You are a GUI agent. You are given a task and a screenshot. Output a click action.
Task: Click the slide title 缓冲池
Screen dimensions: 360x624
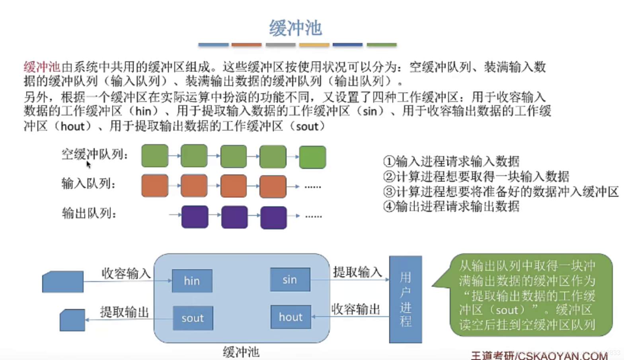pos(295,28)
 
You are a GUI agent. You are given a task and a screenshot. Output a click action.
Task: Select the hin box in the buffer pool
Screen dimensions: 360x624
pos(192,281)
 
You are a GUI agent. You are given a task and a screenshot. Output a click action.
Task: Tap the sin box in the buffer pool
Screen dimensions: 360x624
pos(290,280)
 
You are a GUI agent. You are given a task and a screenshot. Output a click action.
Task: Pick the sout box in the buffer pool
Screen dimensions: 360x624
pos(193,318)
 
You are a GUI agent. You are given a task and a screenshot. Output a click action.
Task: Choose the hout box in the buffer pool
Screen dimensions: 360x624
pos(291,317)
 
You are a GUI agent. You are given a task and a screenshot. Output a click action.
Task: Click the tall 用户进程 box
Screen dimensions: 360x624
pos(405,299)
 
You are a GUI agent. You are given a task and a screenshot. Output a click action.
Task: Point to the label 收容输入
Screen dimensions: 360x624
pos(126,273)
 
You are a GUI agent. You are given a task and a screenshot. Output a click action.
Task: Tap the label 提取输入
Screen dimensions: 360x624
pos(357,272)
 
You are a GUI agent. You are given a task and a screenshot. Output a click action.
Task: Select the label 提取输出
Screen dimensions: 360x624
pos(124,312)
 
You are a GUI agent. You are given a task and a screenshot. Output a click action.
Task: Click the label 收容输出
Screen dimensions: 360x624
pos(355,309)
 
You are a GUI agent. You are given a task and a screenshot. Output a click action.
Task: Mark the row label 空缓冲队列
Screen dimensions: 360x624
pos(94,154)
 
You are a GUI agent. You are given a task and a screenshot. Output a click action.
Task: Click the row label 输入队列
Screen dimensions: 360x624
pos(88,184)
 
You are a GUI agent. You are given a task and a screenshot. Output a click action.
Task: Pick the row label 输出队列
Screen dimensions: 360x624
pos(89,213)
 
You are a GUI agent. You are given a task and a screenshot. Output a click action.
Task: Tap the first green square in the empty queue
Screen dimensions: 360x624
pos(155,156)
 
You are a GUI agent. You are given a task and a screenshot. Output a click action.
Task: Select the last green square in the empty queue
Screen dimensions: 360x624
pos(312,157)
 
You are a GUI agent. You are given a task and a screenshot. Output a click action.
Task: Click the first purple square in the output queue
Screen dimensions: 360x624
pos(195,217)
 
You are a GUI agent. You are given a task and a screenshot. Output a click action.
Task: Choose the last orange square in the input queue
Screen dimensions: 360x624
pos(273,186)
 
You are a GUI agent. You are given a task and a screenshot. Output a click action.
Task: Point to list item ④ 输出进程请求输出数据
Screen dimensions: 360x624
pos(451,206)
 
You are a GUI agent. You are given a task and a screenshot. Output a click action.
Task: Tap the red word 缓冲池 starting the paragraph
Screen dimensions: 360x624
pos(41,67)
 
